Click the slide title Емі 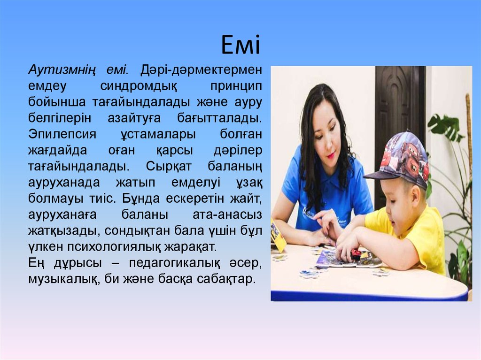pyautogui.click(x=240, y=46)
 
